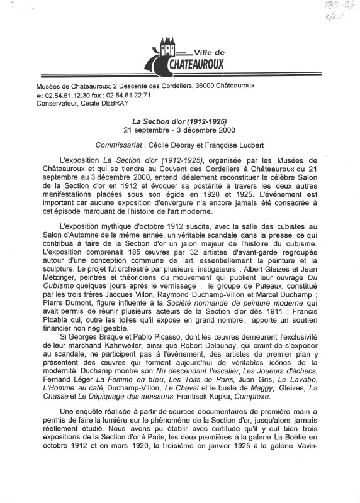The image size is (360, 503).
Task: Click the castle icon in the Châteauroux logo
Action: (x=166, y=48)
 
